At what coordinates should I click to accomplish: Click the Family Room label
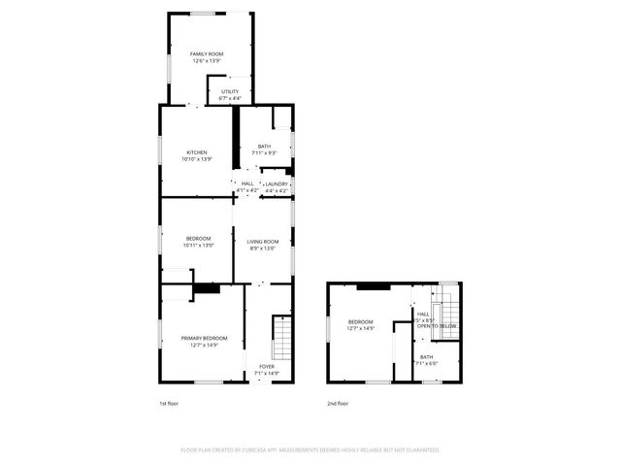coord(206,54)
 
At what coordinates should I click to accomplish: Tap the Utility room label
coord(230,91)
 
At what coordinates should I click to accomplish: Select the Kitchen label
coord(198,152)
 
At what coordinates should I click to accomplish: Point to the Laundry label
coord(277,183)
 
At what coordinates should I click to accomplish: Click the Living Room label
coord(262,242)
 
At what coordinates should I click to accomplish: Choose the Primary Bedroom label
coord(198,338)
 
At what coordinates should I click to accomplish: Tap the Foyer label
coord(266,366)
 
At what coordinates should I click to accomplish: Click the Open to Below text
coord(437,326)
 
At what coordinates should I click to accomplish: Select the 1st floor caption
coord(169,403)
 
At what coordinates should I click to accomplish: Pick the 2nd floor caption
coord(339,403)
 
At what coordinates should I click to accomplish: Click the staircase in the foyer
coord(280,337)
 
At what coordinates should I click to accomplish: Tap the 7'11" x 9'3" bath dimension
coord(264,153)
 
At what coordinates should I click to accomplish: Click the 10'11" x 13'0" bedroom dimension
coord(198,245)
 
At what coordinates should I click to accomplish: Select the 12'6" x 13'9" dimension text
coord(206,61)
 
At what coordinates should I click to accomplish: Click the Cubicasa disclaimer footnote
coord(310,450)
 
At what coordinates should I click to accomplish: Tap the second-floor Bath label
coord(427,357)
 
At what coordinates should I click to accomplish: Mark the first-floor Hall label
coord(247,183)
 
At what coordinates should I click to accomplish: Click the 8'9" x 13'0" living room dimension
coord(262,249)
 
